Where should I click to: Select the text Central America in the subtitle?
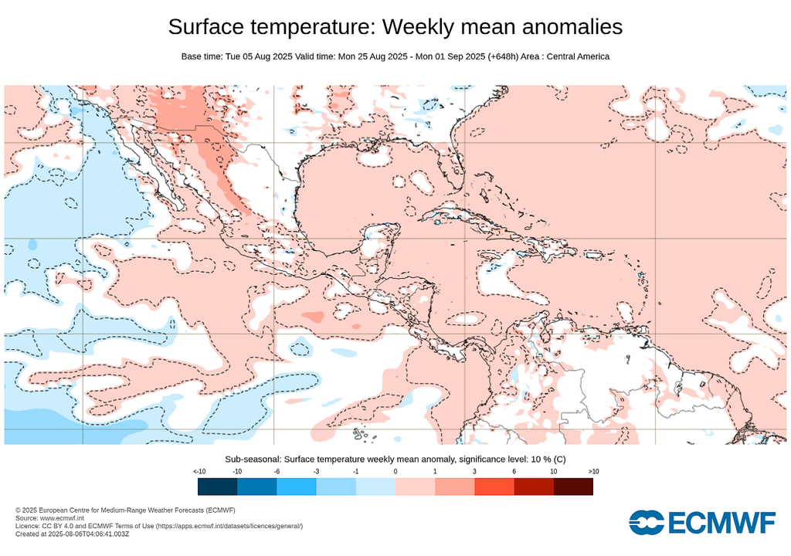point(577,56)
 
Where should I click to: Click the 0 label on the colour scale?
point(395,471)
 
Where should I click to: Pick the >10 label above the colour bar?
point(592,471)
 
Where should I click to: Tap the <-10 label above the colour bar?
point(199,471)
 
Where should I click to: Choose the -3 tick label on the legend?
point(316,471)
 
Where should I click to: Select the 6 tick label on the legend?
point(514,471)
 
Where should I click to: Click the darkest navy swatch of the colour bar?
point(217,486)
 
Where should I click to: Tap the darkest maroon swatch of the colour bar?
point(573,486)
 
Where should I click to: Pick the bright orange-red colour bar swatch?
point(494,486)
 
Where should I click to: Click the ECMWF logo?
point(701,523)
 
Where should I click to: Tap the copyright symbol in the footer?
point(18,510)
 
